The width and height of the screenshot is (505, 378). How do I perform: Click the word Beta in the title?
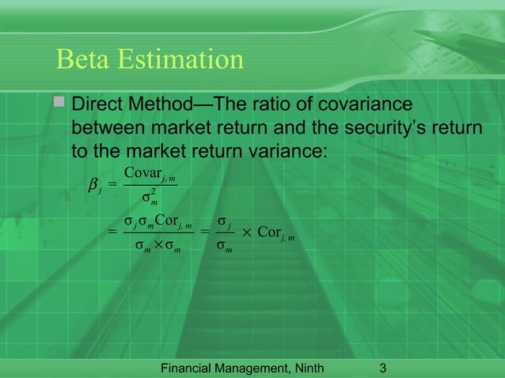(x=82, y=60)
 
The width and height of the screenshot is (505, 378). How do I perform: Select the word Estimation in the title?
(x=178, y=60)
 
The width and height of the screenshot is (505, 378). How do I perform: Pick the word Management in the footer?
(x=261, y=367)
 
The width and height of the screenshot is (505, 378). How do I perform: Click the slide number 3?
(x=383, y=367)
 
